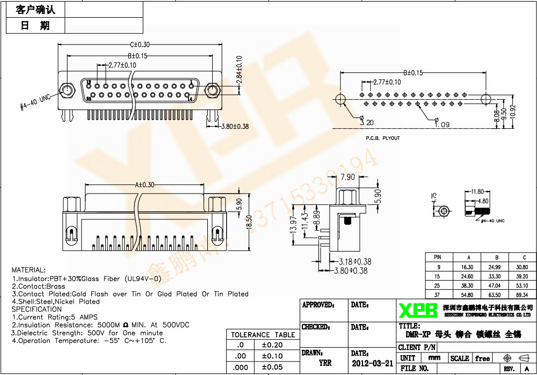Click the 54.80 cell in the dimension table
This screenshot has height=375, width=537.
click(x=467, y=295)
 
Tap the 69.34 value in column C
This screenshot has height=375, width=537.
click(x=521, y=295)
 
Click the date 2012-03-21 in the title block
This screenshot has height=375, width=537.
click(x=372, y=363)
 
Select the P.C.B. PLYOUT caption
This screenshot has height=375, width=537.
click(x=383, y=138)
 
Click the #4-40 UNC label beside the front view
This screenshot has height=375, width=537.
click(x=35, y=101)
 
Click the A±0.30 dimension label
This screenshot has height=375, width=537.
click(x=144, y=185)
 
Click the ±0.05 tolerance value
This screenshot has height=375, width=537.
click(x=272, y=367)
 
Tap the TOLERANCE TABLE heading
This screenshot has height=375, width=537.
click(x=263, y=335)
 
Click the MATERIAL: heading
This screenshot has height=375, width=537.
click(x=28, y=270)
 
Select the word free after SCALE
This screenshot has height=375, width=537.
click(x=483, y=358)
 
